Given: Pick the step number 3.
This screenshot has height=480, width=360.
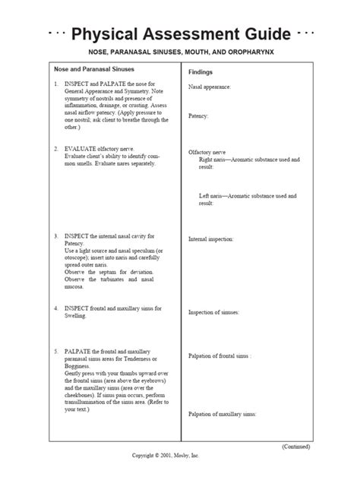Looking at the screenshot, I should click(x=55, y=235).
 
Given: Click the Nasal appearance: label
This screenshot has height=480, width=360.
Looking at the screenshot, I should click(x=210, y=87).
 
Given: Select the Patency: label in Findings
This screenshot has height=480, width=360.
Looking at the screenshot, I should click(x=199, y=115).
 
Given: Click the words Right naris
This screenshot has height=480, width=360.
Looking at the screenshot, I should click(x=213, y=159).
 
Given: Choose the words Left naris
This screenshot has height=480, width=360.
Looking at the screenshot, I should click(x=212, y=196).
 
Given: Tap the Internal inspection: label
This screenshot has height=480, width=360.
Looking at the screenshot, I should click(x=211, y=238).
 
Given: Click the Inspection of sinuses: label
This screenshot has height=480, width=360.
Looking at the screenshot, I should click(x=214, y=312).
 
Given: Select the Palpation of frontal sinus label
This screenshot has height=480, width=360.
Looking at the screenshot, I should click(x=219, y=355).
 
